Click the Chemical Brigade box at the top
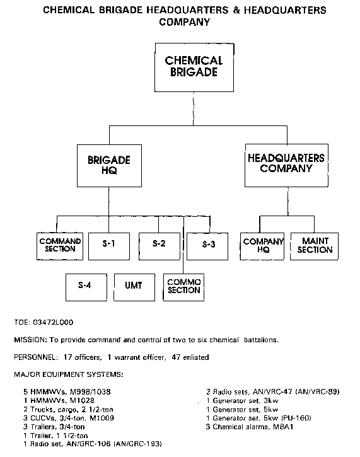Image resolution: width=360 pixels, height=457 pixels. coord(194,67)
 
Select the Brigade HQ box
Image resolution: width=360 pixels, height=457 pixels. coord(109,166)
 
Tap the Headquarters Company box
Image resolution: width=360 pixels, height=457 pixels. coord(286,165)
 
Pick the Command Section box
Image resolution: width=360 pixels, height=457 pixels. coord(60,246)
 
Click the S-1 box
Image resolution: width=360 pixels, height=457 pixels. coord(109,246)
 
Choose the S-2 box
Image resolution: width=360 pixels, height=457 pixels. coord(160,246)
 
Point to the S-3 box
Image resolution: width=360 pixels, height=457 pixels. coord(207,246)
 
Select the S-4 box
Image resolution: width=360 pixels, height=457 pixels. coord(86,287)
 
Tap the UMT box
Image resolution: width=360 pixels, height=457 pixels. coord(134,287)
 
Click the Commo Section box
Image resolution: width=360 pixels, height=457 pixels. coord(183,287)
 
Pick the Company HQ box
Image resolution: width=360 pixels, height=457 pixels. coord(262,246)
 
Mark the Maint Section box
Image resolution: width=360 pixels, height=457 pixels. coord(314,246)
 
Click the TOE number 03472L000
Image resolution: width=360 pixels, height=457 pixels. coord(53,322)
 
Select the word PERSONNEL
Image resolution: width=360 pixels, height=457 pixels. coord(36,357)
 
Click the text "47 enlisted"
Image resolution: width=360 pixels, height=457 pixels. coord(190,357)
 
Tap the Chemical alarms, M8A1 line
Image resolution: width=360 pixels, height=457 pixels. coord(250,427)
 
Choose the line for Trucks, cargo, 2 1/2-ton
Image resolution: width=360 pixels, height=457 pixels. coord(69,410)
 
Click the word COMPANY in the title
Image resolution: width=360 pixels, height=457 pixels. coord(185,22)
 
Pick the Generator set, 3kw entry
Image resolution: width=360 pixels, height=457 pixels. coord(242,401)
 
